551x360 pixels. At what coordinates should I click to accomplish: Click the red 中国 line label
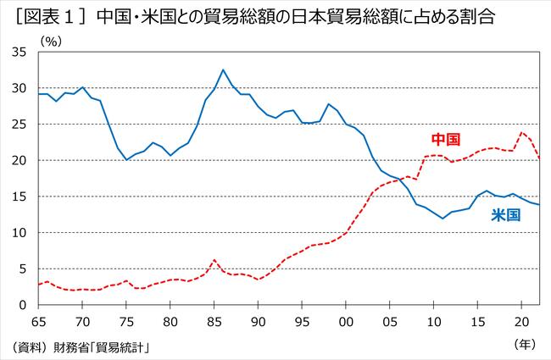pos(446,139)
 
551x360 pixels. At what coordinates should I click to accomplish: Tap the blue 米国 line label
pos(505,215)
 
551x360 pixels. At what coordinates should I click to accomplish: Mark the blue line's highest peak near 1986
pos(223,69)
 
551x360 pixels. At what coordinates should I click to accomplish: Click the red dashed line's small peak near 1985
pos(214,260)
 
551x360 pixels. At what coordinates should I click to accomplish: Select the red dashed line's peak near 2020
pos(522,132)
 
